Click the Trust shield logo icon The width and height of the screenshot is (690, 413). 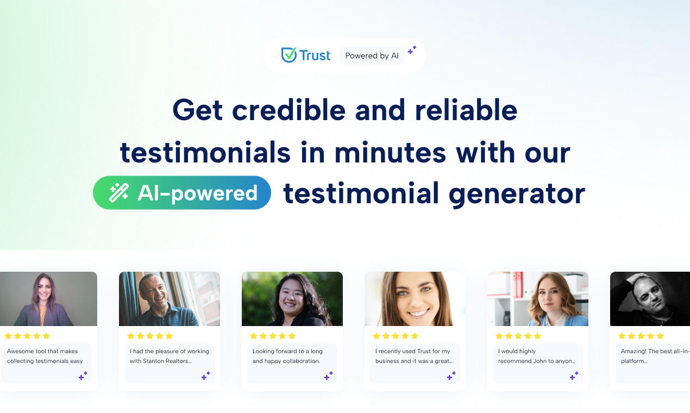tap(288, 55)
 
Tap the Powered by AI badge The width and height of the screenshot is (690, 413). tap(372, 55)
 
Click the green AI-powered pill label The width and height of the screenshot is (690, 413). tap(182, 193)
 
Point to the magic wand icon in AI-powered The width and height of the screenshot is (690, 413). tap(119, 193)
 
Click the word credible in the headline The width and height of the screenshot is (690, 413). tap(288, 110)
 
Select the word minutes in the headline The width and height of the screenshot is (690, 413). tap(391, 152)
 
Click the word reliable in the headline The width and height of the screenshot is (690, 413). tap(466, 110)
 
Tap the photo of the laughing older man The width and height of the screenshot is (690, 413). tap(170, 299)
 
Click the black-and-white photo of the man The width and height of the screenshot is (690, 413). tap(650, 299)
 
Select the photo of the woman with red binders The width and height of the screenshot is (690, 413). tap(538, 299)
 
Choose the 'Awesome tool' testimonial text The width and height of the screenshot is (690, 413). tap(45, 356)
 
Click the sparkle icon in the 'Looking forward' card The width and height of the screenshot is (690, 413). tap(329, 376)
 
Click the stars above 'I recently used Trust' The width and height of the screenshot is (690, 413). tap(396, 336)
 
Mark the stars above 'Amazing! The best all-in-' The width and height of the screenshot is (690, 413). tap(641, 336)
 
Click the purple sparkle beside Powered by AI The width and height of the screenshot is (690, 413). tap(412, 50)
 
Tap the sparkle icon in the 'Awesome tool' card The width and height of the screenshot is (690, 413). tap(83, 376)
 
